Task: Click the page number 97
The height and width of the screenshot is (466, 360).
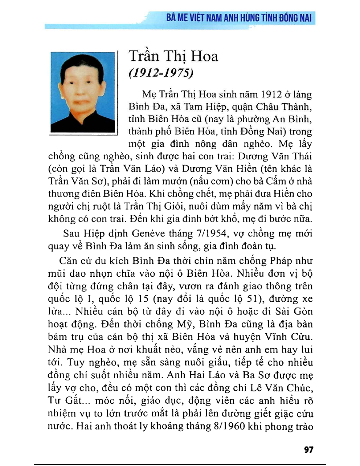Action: click(x=308, y=450)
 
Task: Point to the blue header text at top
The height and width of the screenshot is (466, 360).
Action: click(x=239, y=18)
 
